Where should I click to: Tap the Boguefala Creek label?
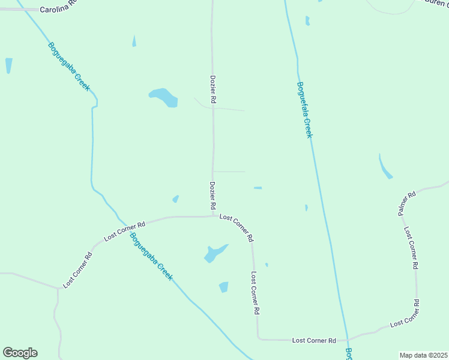coord(305,110)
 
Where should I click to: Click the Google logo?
coord(20,353)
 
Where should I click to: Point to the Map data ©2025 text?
coord(424,355)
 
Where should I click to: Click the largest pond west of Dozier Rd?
coord(163,97)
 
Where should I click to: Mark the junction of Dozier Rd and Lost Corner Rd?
coord(214,216)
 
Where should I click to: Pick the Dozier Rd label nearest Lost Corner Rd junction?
coord(212,196)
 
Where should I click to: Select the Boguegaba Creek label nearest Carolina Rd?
coord(68,67)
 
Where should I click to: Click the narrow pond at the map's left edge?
coord(8,65)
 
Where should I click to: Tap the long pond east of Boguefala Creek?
coord(385,166)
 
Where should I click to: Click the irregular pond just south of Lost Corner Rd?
coord(214,253)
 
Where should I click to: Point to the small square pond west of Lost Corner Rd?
coord(224,287)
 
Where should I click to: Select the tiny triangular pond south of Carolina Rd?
coord(134,41)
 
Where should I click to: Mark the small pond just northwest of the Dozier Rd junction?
coord(175,199)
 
